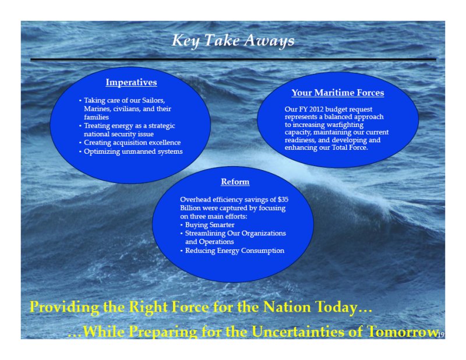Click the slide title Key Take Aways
233,41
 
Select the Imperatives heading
132,82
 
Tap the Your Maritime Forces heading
338,93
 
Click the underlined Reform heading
235,182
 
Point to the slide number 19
441,335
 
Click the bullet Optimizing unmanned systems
133,151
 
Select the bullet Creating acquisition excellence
132,142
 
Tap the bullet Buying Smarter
210,225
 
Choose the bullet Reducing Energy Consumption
235,250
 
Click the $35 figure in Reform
283,199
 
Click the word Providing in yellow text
65,307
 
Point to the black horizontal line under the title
234,60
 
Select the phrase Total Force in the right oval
350,147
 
